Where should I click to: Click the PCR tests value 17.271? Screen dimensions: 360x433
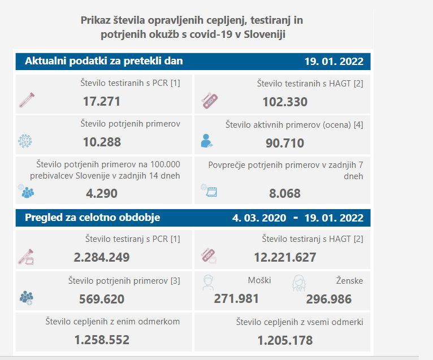[102, 102]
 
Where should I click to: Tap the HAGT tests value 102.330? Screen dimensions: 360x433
[285, 102]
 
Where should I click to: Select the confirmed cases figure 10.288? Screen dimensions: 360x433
[102, 142]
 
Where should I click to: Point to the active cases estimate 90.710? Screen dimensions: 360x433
[285, 143]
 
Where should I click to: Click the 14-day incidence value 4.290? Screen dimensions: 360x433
[102, 193]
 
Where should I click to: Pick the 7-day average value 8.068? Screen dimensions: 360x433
[285, 193]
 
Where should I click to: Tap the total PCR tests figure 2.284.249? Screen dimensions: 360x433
[102, 257]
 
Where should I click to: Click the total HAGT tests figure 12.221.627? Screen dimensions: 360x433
[285, 257]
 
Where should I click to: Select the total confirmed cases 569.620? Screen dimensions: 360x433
[102, 298]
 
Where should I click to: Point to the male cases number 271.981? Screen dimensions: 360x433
[236, 298]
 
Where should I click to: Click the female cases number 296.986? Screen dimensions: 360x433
[328, 298]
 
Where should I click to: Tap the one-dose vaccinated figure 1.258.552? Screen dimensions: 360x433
[102, 340]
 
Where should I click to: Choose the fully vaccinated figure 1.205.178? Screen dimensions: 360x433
[285, 340]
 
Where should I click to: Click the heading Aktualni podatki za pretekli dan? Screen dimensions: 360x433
[104, 61]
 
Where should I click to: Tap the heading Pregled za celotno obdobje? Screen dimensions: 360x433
[93, 218]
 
